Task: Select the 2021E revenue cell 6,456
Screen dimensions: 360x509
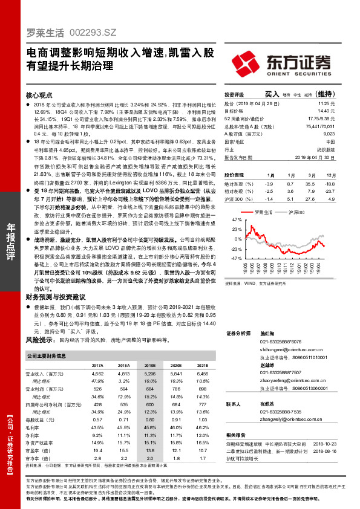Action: click(203, 374)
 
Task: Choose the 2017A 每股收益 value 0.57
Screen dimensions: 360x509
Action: click(97, 419)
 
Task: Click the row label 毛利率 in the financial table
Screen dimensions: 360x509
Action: click(34, 427)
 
